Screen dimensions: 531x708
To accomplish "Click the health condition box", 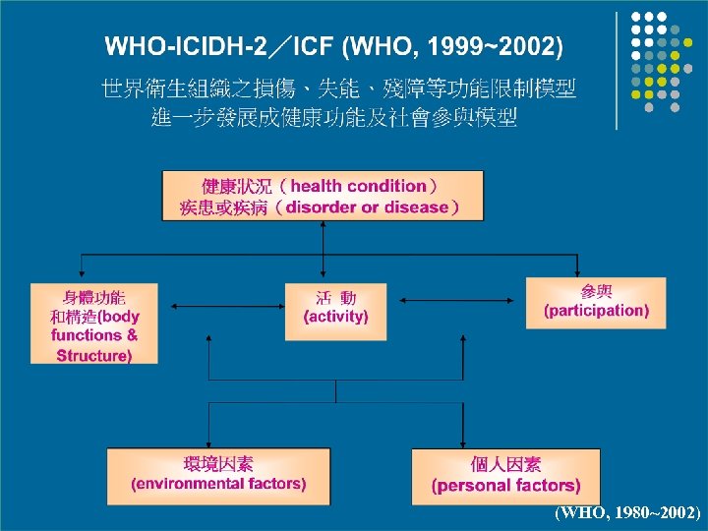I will pyautogui.click(x=323, y=196).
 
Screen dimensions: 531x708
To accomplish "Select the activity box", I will pyautogui.click(x=335, y=312).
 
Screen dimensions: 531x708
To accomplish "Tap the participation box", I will pyautogui.click(x=596, y=304).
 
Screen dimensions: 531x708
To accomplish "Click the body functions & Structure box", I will pyautogui.click(x=94, y=324).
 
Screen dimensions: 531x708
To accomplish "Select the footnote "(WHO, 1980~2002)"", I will pyautogui.click(x=627, y=512).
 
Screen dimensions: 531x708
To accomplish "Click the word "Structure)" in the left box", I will pyautogui.click(x=94, y=355).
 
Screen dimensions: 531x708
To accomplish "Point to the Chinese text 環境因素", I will pyautogui.click(x=218, y=464).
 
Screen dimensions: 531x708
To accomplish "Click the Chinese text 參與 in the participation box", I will pyautogui.click(x=596, y=291).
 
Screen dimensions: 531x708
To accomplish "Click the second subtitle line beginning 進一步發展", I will pyautogui.click(x=335, y=118).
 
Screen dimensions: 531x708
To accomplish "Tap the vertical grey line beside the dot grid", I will pyautogui.click(x=617, y=69).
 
